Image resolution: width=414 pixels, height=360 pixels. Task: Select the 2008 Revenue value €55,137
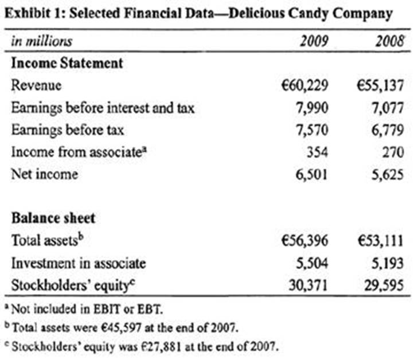[x=380, y=85]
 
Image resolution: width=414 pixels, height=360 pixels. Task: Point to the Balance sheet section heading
[x=53, y=218]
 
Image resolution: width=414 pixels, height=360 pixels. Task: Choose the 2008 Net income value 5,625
[x=390, y=174]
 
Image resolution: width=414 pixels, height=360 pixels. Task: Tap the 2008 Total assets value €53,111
[x=380, y=241]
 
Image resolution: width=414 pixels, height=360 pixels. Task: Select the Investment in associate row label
[x=78, y=263]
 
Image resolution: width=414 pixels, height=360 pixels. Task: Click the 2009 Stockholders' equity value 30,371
[x=308, y=285]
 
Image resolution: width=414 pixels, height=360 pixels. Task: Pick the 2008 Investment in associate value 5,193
[x=390, y=263]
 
